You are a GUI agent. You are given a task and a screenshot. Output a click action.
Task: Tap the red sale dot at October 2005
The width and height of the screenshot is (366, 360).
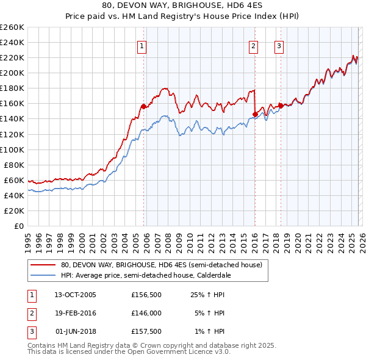pos(144,106)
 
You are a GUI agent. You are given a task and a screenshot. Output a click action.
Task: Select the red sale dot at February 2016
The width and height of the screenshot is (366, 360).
pos(255,113)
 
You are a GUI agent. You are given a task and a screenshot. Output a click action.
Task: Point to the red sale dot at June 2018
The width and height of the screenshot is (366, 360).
pos(280,105)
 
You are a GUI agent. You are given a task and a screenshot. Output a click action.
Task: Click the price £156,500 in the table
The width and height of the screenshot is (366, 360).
pos(146,295)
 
